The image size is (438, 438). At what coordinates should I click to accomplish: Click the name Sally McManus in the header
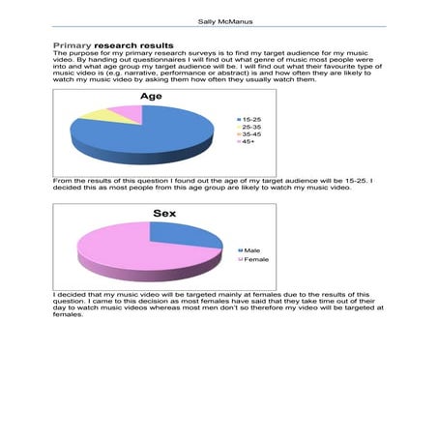click(219, 18)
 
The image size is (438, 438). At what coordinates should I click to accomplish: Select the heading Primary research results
click(113, 45)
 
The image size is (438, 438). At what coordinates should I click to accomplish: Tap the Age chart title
click(152, 97)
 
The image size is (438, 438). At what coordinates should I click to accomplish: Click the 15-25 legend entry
click(250, 118)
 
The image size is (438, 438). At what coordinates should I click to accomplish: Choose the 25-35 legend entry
click(250, 126)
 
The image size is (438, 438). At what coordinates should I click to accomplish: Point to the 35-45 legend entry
click(250, 133)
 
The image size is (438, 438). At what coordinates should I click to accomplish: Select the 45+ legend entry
click(248, 141)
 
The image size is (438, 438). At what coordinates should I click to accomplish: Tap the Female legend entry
click(255, 259)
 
